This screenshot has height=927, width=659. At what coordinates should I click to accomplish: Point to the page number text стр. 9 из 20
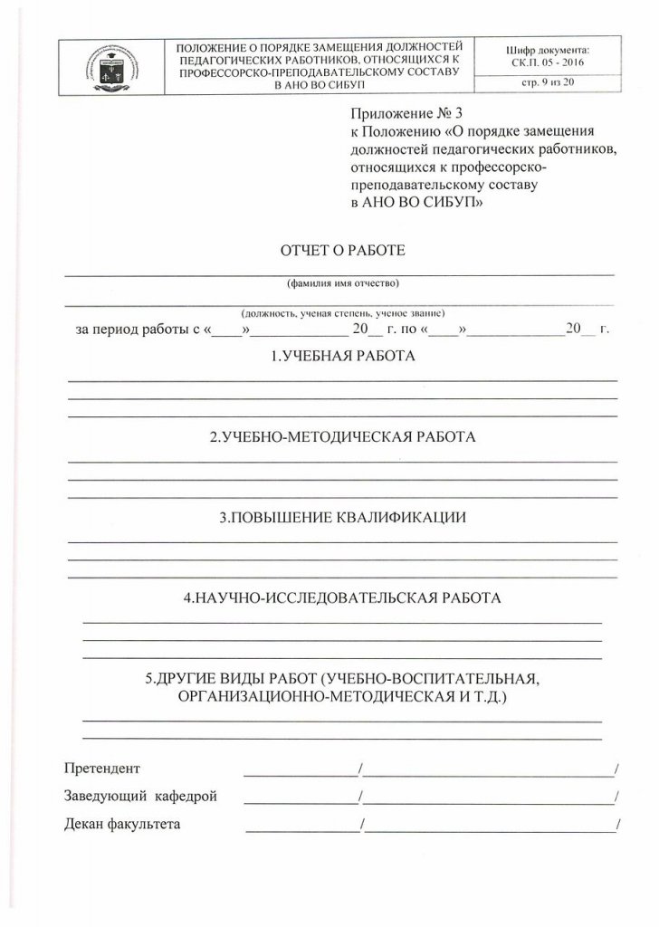[x=549, y=84]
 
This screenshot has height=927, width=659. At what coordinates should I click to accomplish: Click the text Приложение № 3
[x=393, y=115]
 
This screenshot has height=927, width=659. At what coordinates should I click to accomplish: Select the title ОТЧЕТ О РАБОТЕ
[x=342, y=250]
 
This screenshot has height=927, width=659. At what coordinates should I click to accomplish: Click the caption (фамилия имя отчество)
[x=342, y=282]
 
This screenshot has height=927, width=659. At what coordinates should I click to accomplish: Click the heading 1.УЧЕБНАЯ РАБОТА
[x=342, y=357]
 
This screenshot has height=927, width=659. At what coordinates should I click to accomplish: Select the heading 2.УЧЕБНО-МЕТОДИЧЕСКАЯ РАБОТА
[x=342, y=437]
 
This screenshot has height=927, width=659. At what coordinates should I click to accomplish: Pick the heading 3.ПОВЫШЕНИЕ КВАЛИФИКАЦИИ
[x=342, y=518]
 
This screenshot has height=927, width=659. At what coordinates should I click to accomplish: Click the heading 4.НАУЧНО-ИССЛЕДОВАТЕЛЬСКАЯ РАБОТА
[x=342, y=598]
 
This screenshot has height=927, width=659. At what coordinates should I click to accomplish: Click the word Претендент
[x=102, y=769]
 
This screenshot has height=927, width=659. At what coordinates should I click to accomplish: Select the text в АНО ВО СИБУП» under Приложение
[x=415, y=205]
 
